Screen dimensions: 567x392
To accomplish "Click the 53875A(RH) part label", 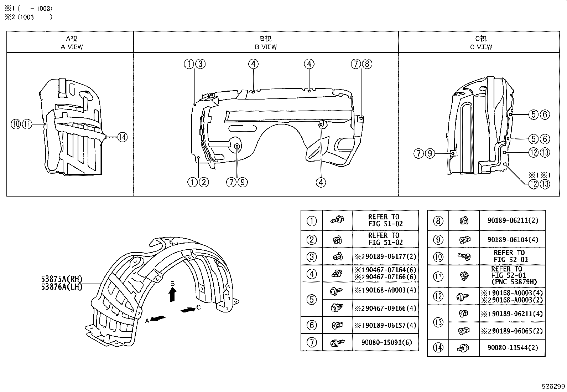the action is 62,279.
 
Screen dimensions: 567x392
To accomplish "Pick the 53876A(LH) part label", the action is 62,287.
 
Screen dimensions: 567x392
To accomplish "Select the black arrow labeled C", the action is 188,310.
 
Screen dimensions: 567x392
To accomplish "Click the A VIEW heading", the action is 72,47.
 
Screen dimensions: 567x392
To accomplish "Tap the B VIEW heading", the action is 266,47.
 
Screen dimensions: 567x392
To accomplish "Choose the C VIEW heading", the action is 481,47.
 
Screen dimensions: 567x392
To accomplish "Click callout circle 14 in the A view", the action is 123,137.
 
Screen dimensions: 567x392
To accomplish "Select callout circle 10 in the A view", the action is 16,124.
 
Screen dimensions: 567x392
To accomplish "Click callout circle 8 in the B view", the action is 367,63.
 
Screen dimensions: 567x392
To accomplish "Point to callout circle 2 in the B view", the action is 204,182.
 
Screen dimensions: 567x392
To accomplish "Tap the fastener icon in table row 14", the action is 463,348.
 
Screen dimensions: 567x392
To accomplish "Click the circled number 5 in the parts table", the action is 312,300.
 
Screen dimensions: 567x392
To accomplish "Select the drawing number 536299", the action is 553,386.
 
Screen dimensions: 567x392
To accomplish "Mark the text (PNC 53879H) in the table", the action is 514,282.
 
